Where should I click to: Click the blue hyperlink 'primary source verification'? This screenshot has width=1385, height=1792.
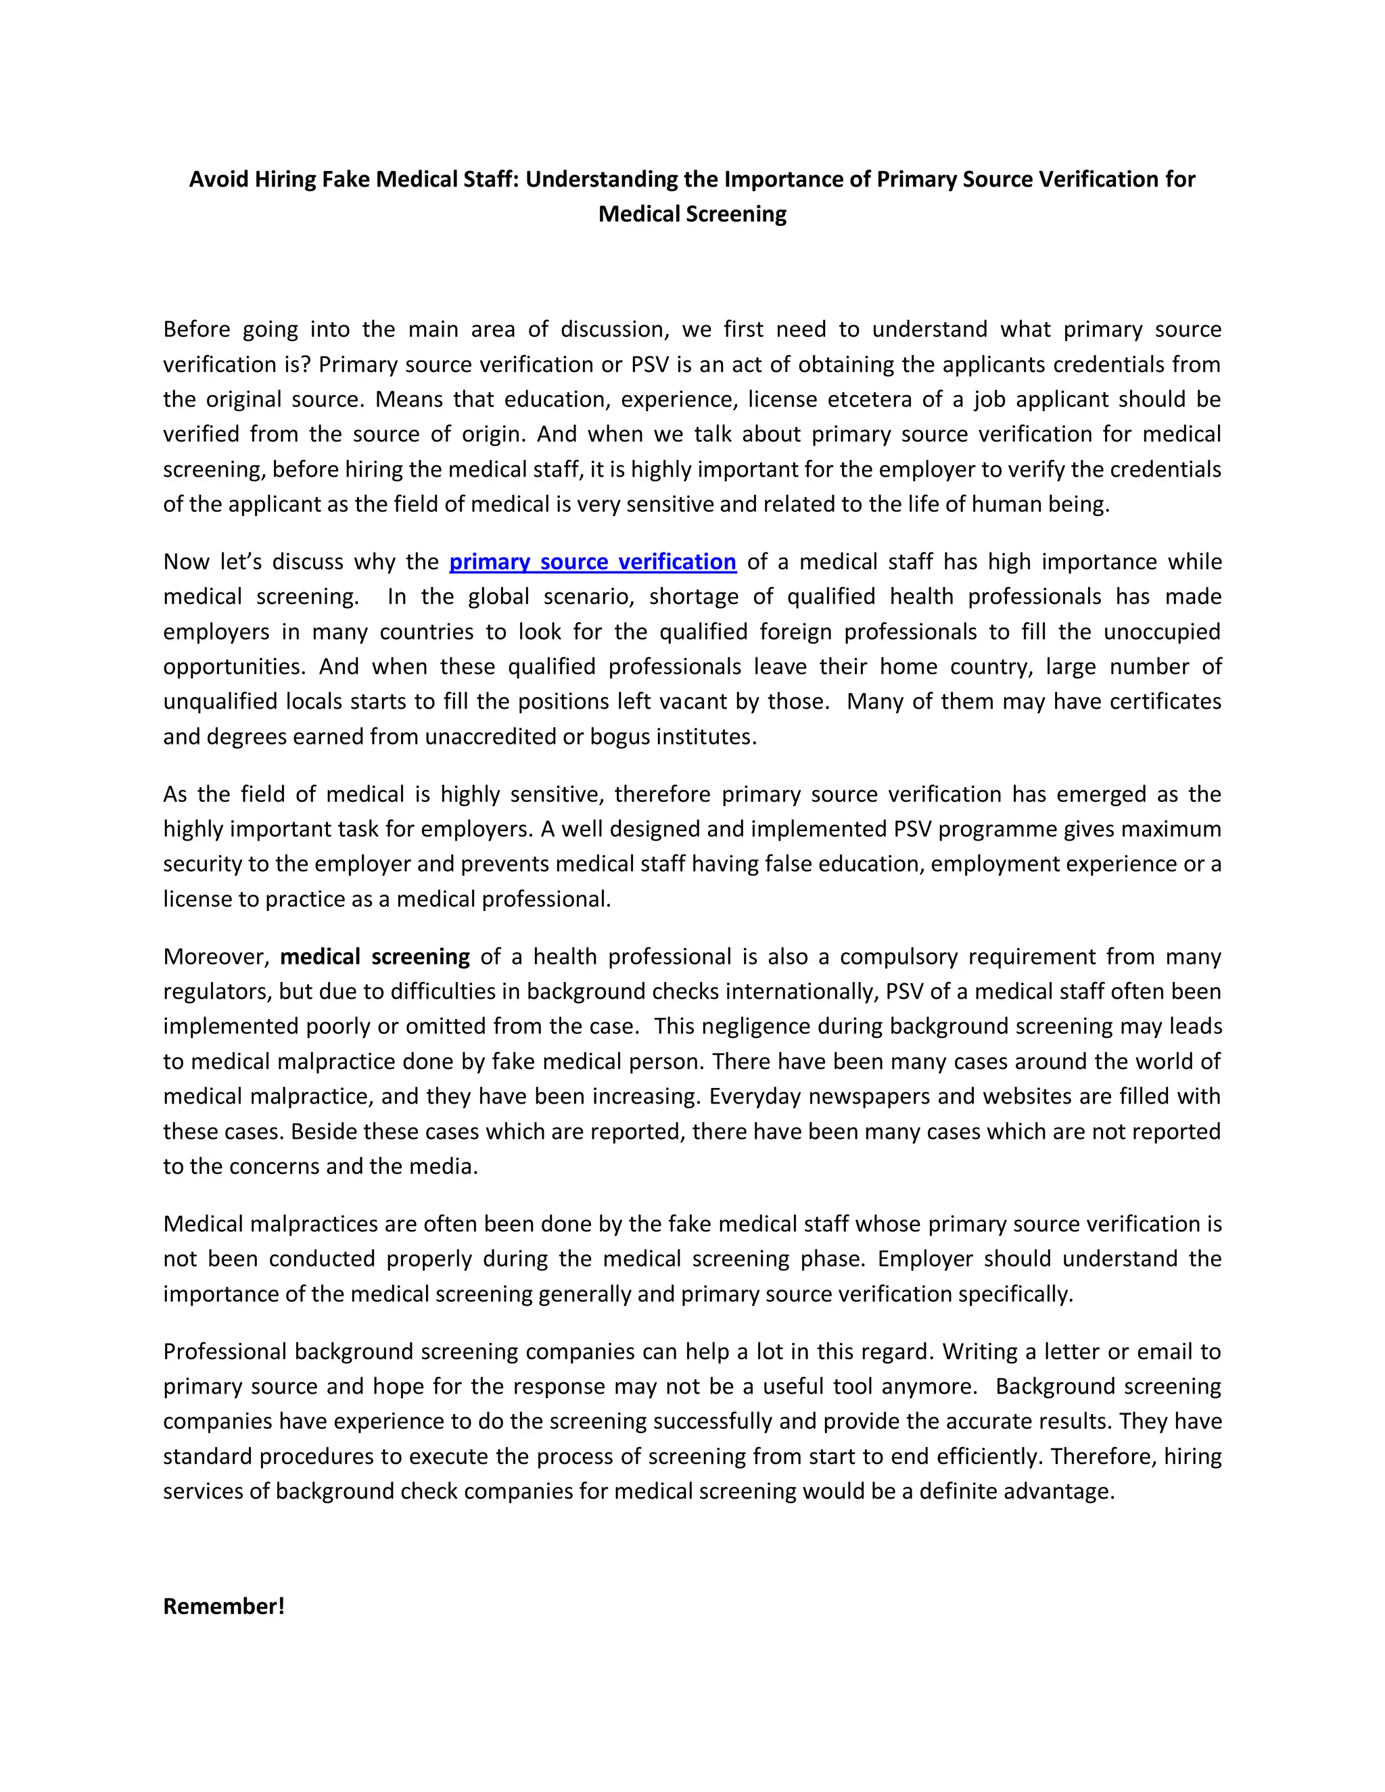[x=592, y=562]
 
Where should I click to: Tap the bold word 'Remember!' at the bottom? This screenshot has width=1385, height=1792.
[x=223, y=1606]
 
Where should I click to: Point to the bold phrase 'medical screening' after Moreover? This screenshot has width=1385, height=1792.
[x=375, y=957]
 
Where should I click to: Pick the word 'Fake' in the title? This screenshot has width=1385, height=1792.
[x=346, y=179]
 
